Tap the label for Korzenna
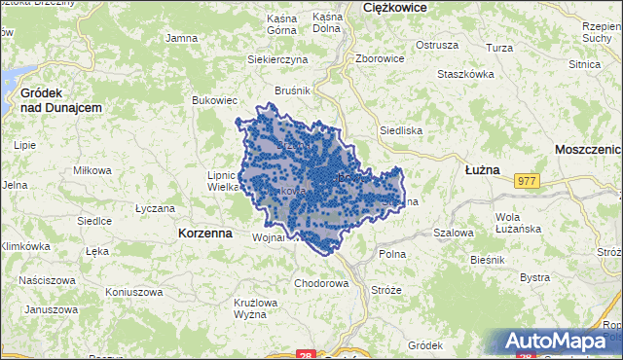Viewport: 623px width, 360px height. coord(205,234)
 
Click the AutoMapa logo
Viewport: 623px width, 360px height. coord(560,342)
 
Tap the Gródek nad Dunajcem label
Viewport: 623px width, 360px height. coord(60,99)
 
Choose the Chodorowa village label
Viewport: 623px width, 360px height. coord(321,284)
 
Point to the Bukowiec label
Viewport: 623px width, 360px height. coord(215,100)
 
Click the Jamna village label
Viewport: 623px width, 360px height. coord(182,38)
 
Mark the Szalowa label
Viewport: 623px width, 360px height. coord(453,234)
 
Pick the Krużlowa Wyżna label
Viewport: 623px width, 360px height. coord(256,308)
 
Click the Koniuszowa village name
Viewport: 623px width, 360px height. coord(133,292)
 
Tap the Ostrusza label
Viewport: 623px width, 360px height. coord(436,45)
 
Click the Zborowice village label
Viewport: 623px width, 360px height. coord(380,58)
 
